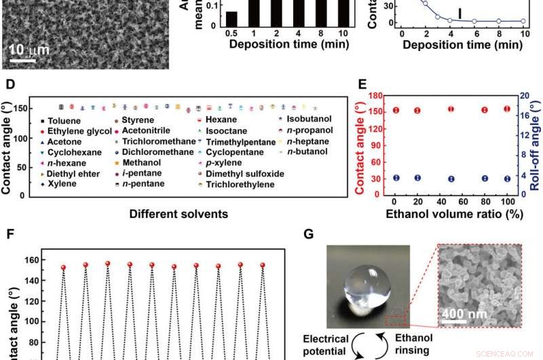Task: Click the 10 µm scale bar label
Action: coord(24,50)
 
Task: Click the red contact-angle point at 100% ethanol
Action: coord(506,109)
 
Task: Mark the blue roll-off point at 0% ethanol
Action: coord(395,178)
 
